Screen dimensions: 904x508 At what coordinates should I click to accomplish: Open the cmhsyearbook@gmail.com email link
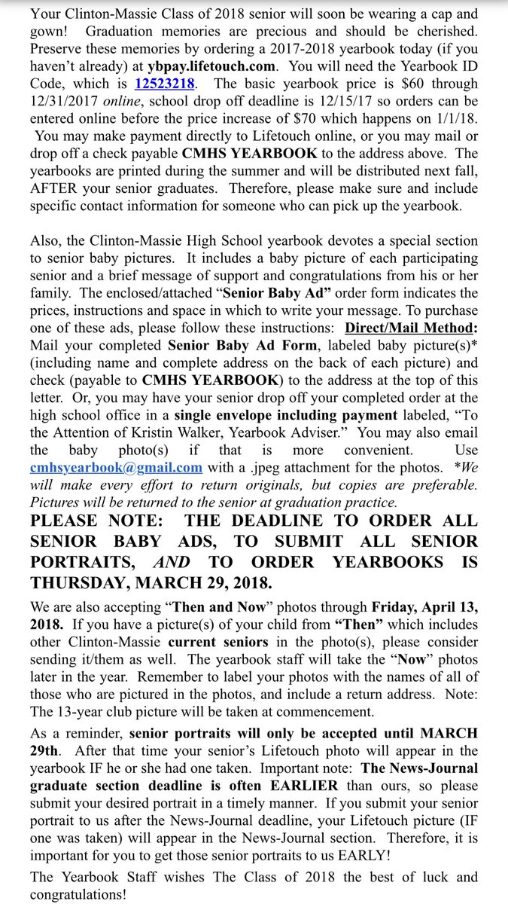(117, 467)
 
